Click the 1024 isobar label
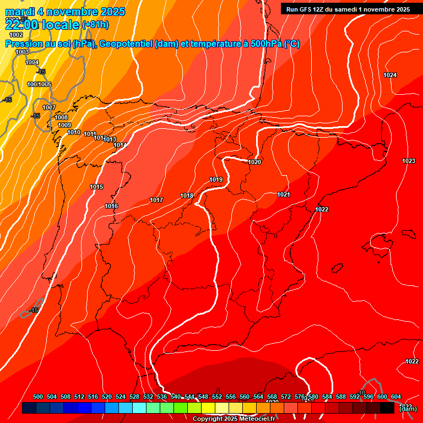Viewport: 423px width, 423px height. (x=390, y=75)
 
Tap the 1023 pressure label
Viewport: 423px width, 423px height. (x=409, y=161)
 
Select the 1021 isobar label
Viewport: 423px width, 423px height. (x=284, y=194)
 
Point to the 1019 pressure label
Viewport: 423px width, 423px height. (x=216, y=180)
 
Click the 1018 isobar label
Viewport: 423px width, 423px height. (x=187, y=196)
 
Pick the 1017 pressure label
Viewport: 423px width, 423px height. (x=156, y=200)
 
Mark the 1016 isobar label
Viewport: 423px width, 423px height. (x=111, y=206)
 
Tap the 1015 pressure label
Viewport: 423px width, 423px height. (x=96, y=187)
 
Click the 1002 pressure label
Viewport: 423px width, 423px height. (x=16, y=35)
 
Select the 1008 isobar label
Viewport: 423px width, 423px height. (x=61, y=117)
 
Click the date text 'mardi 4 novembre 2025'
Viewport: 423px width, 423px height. (x=65, y=12)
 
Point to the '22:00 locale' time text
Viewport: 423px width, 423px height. (x=42, y=24)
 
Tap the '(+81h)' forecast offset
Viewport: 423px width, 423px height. (x=95, y=25)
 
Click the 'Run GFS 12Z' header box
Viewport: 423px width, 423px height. (x=348, y=9)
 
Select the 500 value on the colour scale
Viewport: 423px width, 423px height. (x=38, y=397)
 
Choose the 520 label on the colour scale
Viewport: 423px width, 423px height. (x=107, y=397)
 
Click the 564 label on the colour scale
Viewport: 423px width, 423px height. (x=258, y=397)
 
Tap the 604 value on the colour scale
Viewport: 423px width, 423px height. (x=396, y=397)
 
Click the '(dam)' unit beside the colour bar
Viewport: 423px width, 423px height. (x=408, y=409)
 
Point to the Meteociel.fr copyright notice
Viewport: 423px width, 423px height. (x=234, y=419)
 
